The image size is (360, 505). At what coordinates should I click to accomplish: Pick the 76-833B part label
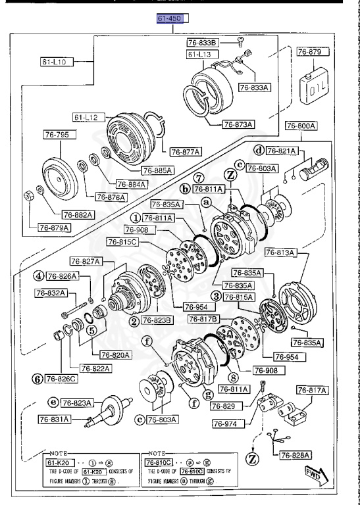(209, 41)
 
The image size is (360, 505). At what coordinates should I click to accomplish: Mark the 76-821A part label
(282, 151)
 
